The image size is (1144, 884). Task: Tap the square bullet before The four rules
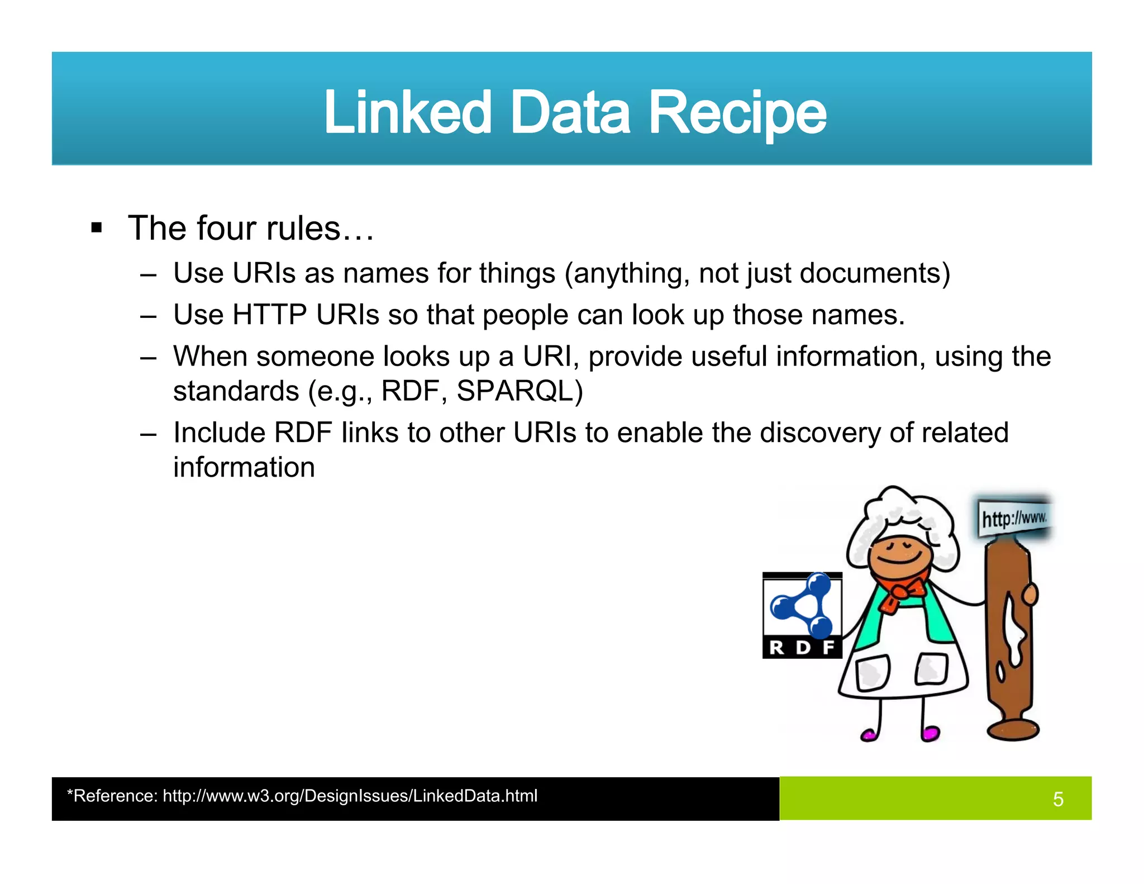point(97,228)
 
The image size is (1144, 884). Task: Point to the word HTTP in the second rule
point(269,315)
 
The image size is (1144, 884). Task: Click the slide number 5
point(1058,799)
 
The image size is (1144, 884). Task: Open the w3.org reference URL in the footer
point(350,796)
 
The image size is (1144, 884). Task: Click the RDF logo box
point(802,615)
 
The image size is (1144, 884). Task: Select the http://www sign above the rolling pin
point(1013,517)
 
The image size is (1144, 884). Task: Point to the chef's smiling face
point(900,555)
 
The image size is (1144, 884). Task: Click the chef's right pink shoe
point(930,733)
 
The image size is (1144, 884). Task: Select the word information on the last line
point(244,467)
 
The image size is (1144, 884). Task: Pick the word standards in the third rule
point(236,391)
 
